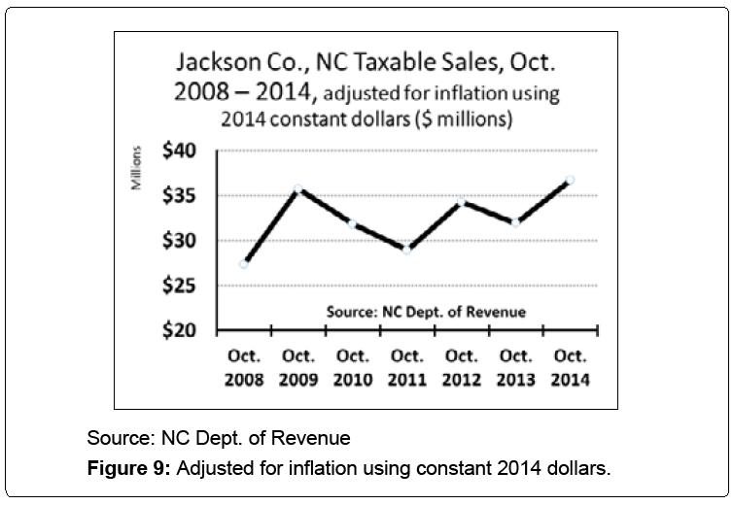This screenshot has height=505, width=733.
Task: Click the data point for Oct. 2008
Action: [244, 263]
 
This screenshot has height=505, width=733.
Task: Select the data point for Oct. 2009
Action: [297, 189]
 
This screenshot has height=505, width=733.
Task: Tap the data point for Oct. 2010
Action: [352, 223]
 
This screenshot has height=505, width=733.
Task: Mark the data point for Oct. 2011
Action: [406, 249]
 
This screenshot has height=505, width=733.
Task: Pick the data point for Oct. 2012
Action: [461, 201]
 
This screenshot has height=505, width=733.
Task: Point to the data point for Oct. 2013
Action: [515, 221]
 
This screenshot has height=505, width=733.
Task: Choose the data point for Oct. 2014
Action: [570, 180]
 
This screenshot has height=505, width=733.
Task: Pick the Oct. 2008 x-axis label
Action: [244, 368]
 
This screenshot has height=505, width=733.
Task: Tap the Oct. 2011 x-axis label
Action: [406, 368]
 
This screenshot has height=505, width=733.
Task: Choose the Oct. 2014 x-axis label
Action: [570, 368]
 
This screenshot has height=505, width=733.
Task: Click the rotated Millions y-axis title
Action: [140, 167]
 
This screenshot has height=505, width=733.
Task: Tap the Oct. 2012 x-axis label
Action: [461, 368]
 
